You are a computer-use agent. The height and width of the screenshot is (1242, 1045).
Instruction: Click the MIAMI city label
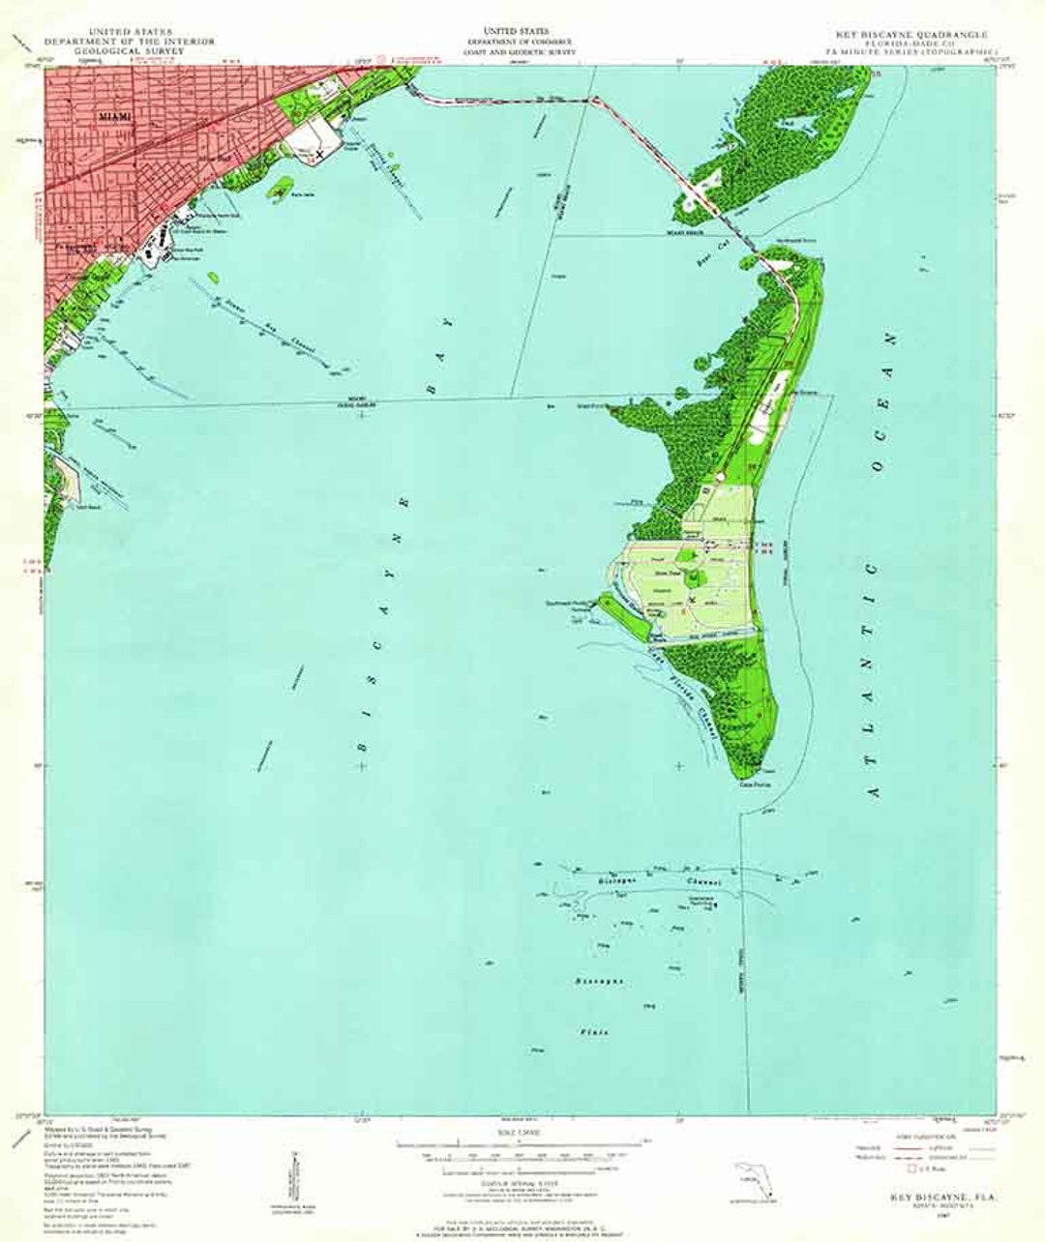pos(113,114)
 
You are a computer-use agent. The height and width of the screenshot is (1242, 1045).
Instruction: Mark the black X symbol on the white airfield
pos(320,153)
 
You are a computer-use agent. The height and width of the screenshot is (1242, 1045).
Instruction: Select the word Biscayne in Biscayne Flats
pos(601,982)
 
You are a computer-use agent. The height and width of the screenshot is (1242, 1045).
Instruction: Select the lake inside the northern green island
pos(799,125)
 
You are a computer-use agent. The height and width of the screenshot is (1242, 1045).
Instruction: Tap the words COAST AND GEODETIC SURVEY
pos(521,51)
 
